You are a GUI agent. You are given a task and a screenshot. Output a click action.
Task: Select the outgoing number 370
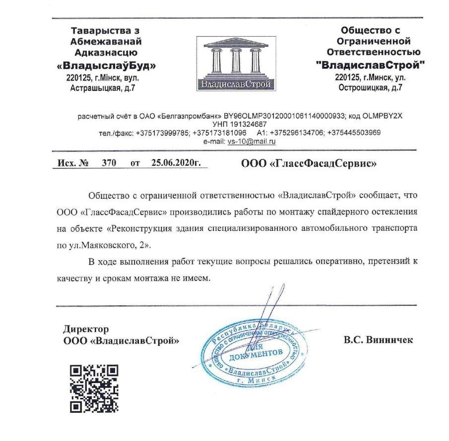coord(109,163)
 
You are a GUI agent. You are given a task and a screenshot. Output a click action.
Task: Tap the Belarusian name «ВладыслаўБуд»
coord(106,65)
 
